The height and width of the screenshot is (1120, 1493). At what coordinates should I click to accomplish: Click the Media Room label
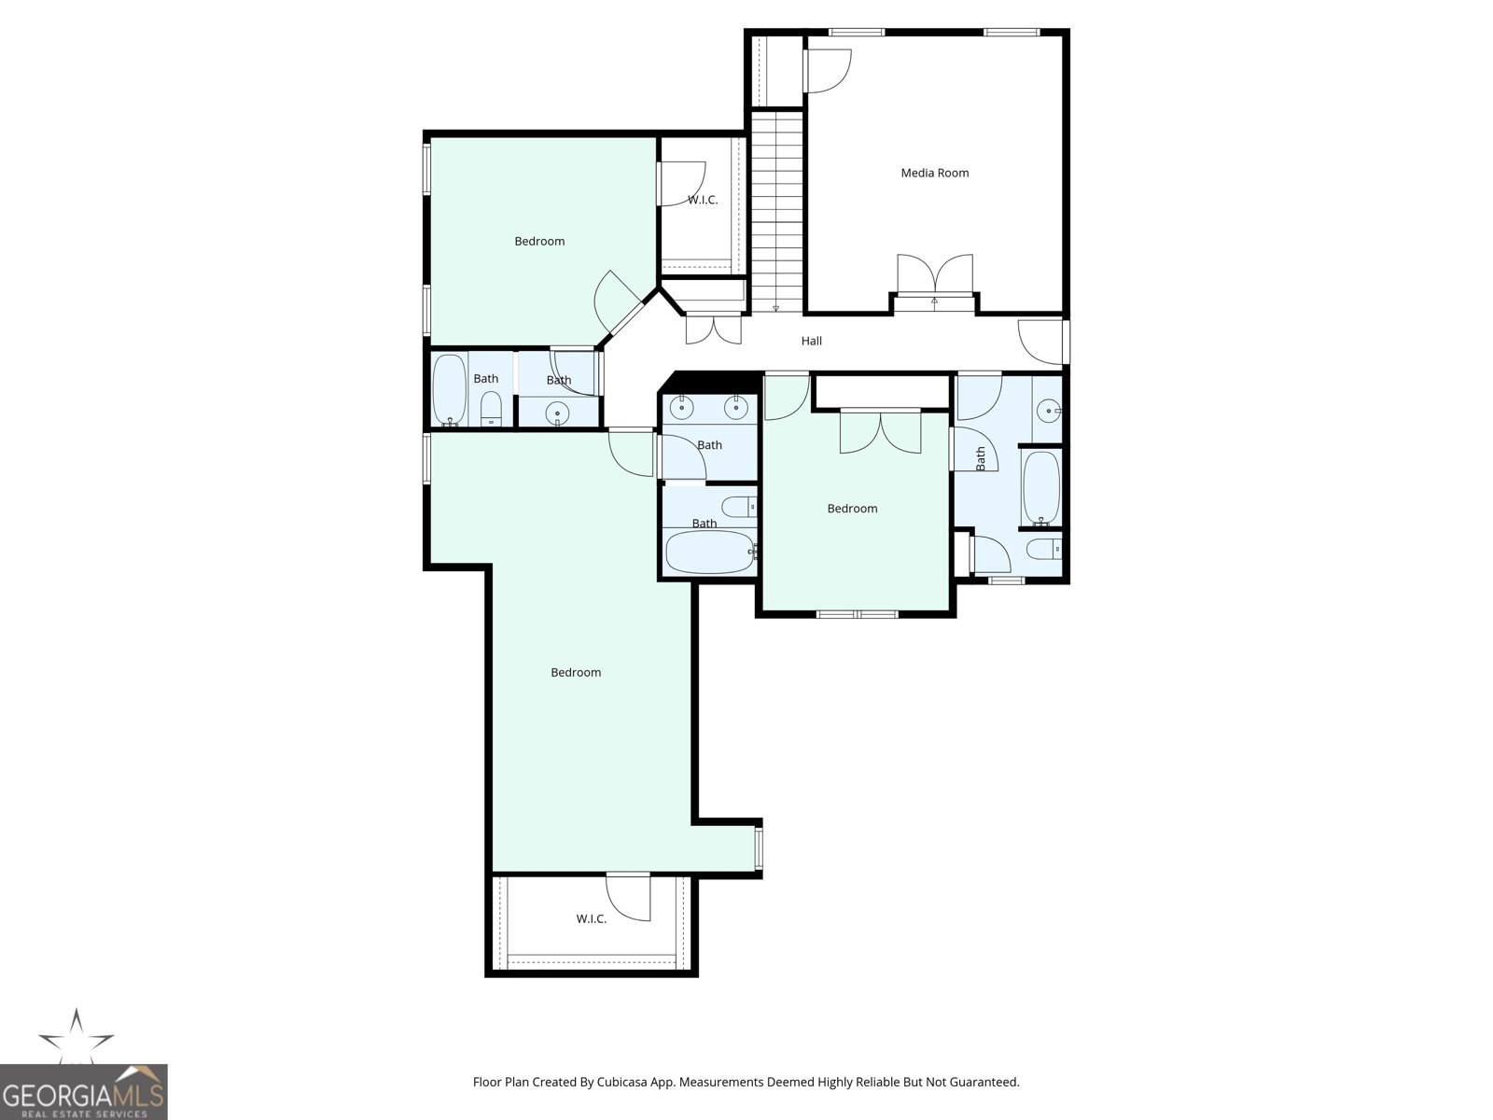tap(935, 173)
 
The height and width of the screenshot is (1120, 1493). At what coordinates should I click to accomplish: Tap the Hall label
tap(812, 341)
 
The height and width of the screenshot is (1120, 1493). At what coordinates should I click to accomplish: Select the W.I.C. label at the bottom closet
tap(591, 918)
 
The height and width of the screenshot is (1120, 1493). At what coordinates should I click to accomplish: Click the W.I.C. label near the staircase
tap(703, 200)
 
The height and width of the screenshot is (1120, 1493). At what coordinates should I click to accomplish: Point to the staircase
tap(777, 212)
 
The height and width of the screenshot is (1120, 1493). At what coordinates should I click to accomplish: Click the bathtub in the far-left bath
tap(450, 389)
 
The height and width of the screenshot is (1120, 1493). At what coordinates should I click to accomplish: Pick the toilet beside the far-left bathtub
tap(491, 409)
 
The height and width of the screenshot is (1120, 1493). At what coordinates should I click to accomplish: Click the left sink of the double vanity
tap(681, 407)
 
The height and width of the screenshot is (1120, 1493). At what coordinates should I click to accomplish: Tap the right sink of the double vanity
tap(736, 407)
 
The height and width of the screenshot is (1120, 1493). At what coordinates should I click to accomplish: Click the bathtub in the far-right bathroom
tap(1040, 487)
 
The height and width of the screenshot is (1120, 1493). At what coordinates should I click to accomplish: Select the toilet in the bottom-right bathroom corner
tap(1043, 549)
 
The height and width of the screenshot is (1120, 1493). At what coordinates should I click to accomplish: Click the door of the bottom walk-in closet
tap(629, 897)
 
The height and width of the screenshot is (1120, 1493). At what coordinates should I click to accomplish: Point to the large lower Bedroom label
tap(576, 673)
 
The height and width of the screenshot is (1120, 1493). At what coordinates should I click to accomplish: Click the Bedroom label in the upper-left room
tap(539, 242)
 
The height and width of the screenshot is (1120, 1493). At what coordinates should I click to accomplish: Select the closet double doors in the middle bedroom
tap(881, 432)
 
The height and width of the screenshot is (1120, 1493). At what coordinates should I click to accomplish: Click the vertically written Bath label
tap(980, 458)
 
